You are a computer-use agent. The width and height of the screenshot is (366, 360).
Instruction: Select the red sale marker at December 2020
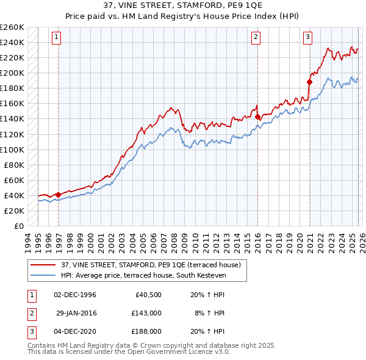coord(309,81)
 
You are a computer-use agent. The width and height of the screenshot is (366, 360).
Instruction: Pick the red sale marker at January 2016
coord(257,116)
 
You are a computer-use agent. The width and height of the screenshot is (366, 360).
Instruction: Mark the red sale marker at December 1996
coord(58,195)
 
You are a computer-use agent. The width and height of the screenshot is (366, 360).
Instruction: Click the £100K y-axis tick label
coord(12,149)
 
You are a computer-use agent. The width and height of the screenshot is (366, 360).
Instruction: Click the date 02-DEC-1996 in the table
coord(75,294)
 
